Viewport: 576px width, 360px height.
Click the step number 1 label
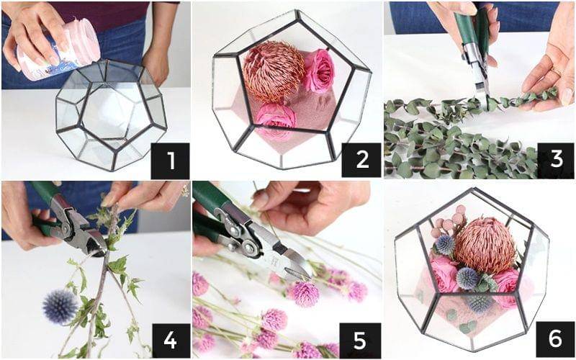pyautogui.click(x=170, y=161)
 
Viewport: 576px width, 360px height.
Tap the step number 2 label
pyautogui.click(x=361, y=160)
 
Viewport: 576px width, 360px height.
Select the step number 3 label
pyautogui.click(x=556, y=161)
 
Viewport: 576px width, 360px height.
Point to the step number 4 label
pyautogui.click(x=170, y=340)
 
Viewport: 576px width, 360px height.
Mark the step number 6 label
pyautogui.click(x=554, y=339)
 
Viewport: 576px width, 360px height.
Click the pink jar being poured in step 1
pyautogui.click(x=59, y=50)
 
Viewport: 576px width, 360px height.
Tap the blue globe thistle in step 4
pyautogui.click(x=60, y=305)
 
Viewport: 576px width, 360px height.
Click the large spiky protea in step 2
pyautogui.click(x=273, y=71)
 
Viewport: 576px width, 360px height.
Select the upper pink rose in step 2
pyautogui.click(x=320, y=70)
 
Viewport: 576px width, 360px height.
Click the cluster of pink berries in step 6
pyautogui.click(x=449, y=220)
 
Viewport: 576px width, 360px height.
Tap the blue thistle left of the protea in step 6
pyautogui.click(x=445, y=245)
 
